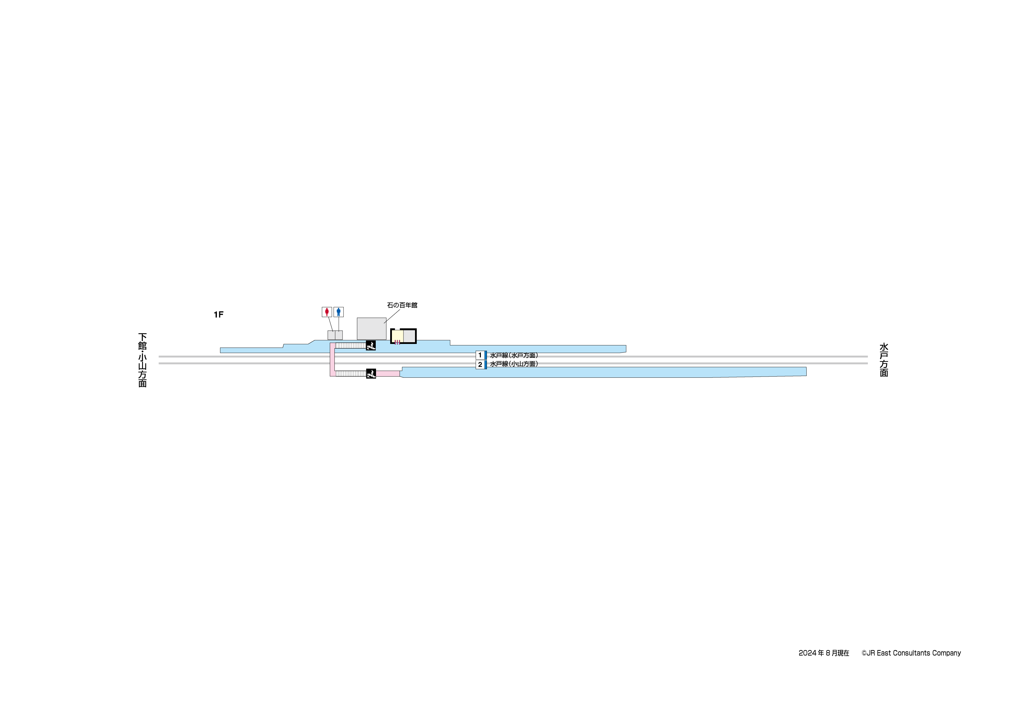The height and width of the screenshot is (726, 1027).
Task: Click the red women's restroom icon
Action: tap(327, 312)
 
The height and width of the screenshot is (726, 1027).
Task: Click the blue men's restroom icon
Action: tap(338, 312)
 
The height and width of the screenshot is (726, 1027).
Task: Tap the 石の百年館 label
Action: tap(402, 305)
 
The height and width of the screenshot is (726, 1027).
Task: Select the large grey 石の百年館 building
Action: tap(371, 329)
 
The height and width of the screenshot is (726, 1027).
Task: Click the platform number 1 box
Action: tap(480, 355)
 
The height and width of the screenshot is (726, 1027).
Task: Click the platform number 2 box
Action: tap(480, 364)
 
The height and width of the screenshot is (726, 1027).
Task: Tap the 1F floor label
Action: tap(218, 314)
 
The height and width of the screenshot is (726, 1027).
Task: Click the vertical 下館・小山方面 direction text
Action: tap(142, 360)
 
